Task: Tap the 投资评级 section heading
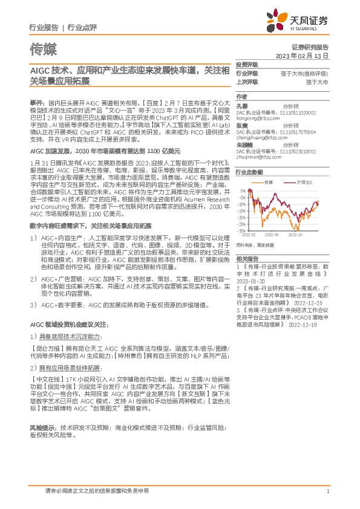[247, 63]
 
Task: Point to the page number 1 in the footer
[327, 491]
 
